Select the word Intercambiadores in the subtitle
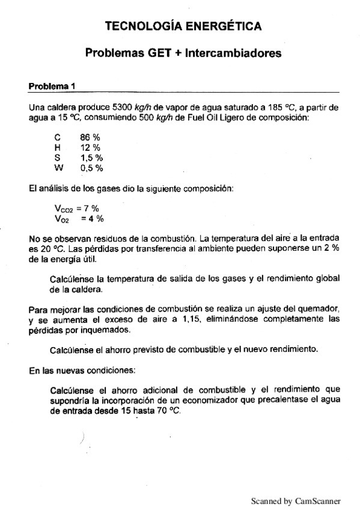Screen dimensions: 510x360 pos(233,54)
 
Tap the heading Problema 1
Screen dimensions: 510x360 pos(52,86)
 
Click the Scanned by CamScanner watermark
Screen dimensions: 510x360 pos(295,500)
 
